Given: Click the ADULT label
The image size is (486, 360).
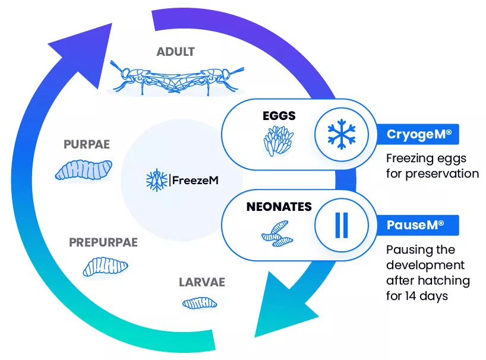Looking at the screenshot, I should pyautogui.click(x=175, y=52).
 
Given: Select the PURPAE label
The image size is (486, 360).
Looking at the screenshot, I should pyautogui.click(x=86, y=145).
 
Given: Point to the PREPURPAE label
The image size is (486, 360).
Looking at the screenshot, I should pyautogui.click(x=103, y=242).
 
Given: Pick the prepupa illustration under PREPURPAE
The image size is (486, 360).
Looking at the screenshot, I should pyautogui.click(x=105, y=267).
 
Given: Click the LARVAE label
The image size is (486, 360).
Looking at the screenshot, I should pyautogui.click(x=202, y=282).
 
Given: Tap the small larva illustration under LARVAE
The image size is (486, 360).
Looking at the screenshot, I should pyautogui.click(x=199, y=304).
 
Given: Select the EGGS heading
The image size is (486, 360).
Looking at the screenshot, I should pyautogui.click(x=279, y=116).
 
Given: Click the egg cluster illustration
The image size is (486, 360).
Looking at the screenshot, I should pyautogui.click(x=279, y=140).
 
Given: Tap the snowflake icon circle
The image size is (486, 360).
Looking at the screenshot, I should pyautogui.click(x=340, y=135).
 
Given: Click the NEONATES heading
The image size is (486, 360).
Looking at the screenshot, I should pyautogui.click(x=279, y=207).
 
